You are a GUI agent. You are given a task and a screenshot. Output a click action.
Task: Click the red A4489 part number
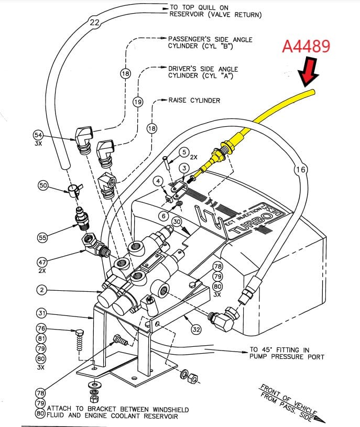tap(306, 47)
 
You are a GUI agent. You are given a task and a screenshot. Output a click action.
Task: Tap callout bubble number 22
tap(94, 23)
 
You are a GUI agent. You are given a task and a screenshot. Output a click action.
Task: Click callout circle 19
tap(138, 102)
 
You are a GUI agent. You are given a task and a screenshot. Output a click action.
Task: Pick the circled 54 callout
tap(38, 135)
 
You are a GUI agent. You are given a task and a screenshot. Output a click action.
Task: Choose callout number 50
tap(43, 185)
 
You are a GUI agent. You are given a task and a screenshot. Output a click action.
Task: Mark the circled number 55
tap(42, 238)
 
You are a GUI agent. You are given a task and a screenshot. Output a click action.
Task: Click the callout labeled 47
tap(42, 262)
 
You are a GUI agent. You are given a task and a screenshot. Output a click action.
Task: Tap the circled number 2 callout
tap(42, 289)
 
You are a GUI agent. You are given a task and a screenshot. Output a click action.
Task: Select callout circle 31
tap(42, 313)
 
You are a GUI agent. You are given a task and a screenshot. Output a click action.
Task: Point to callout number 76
tap(42, 329)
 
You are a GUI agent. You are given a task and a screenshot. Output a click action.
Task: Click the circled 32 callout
tap(196, 330)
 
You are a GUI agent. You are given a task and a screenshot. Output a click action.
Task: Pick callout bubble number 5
tap(183, 152)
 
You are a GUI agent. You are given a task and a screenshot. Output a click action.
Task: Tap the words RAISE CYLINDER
tap(194, 100)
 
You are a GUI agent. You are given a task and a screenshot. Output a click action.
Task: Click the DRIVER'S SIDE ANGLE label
tap(203, 69)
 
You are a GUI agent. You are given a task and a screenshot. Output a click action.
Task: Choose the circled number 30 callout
tap(177, 222)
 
